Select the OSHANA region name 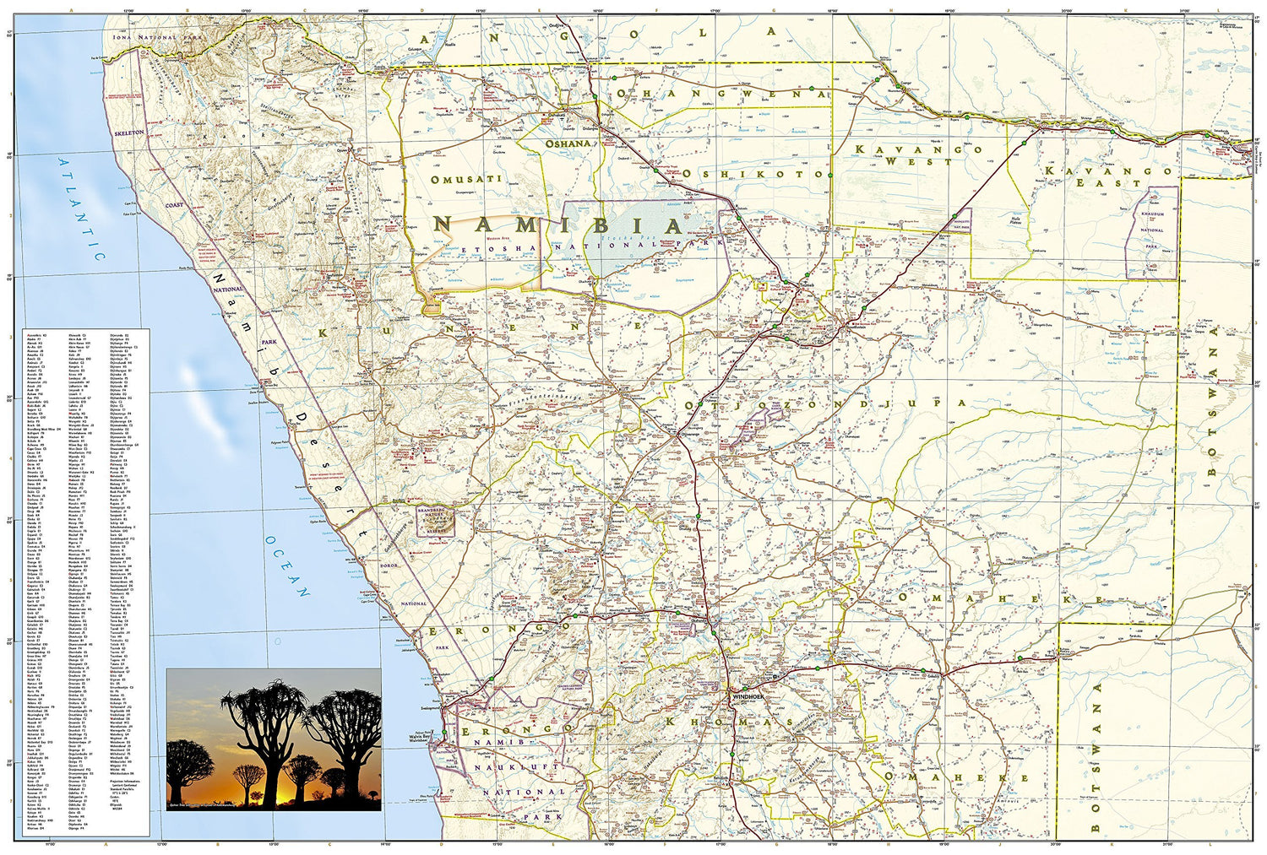568,144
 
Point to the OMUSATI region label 466,179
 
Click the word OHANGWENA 722,94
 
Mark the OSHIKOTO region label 753,173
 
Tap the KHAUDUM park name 1153,214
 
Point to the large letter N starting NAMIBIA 446,225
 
